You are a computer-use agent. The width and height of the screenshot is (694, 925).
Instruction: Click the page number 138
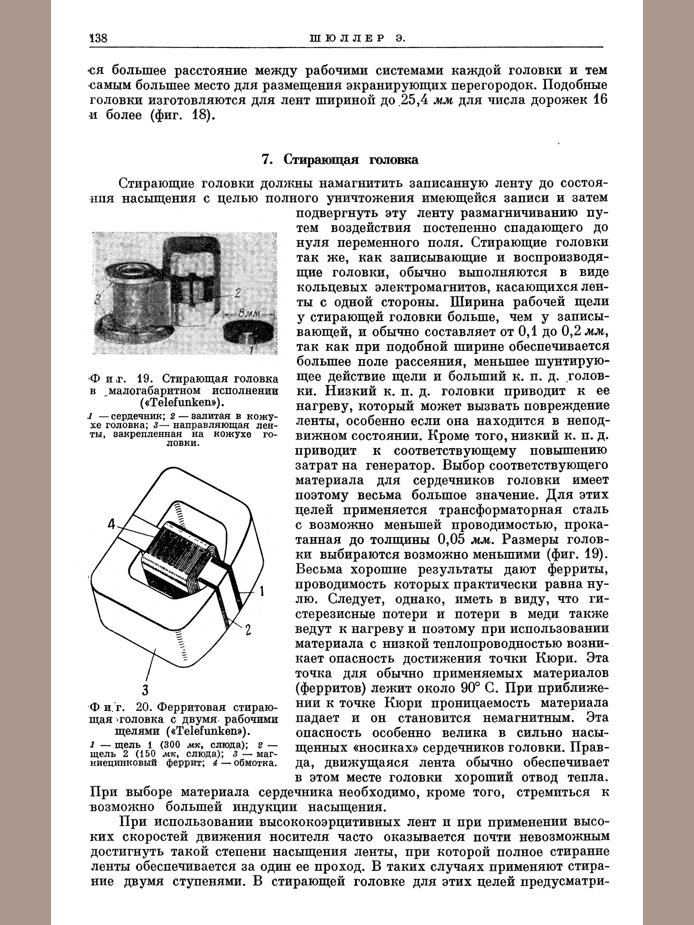click(98, 38)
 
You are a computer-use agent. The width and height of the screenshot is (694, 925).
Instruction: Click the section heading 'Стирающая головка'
click(351, 159)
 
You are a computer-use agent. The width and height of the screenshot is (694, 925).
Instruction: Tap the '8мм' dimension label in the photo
click(246, 313)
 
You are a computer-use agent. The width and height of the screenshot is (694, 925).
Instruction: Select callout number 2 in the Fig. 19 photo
click(237, 293)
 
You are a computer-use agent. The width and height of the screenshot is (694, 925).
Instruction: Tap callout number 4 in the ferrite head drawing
click(112, 524)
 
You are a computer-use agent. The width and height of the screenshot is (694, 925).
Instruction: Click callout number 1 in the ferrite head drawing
click(263, 591)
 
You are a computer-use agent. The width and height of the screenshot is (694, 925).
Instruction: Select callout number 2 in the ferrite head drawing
click(248, 630)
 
